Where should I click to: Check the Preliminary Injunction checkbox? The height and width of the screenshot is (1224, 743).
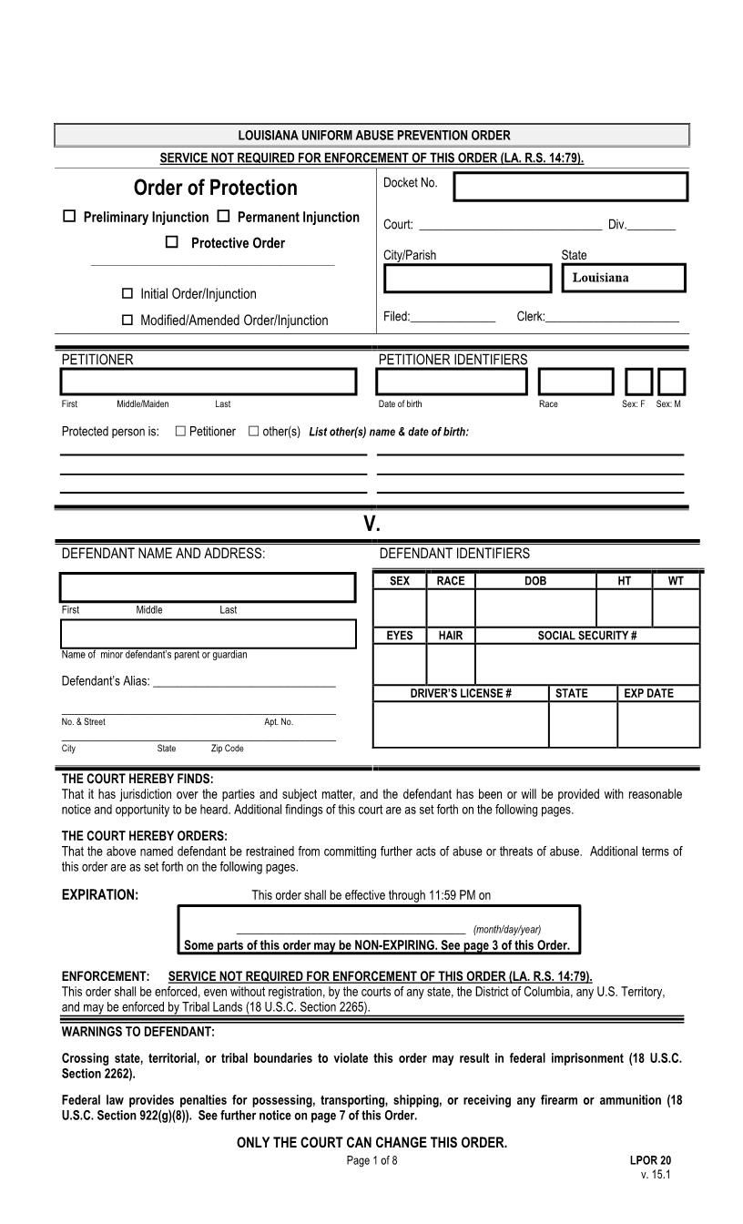coord(69,217)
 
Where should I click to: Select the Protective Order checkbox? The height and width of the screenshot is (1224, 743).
coord(171,242)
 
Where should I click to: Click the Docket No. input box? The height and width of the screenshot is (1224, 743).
coord(570,187)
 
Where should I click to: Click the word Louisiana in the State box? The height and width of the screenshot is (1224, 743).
coord(600,278)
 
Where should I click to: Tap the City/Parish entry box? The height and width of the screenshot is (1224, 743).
coord(467,278)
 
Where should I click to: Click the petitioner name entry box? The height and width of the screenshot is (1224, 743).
coord(209,382)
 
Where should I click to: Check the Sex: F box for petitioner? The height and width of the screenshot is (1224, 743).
coord(638,382)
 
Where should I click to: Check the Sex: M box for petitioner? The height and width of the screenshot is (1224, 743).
coord(671,382)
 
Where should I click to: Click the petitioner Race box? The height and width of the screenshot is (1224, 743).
coord(575,382)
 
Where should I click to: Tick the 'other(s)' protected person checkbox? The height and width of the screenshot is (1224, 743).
coord(254,431)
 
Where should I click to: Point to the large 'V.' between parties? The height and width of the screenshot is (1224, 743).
coord(371,524)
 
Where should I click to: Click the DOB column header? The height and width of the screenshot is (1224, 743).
coord(535,581)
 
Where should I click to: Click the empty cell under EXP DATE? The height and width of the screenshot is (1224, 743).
coord(657,724)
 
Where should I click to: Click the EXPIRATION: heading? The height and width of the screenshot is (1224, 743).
coord(99,894)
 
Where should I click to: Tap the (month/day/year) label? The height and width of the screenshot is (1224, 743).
coord(507,929)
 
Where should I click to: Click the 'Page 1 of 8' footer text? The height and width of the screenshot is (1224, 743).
coord(371,1160)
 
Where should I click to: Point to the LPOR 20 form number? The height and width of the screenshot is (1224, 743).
coord(650,1160)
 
